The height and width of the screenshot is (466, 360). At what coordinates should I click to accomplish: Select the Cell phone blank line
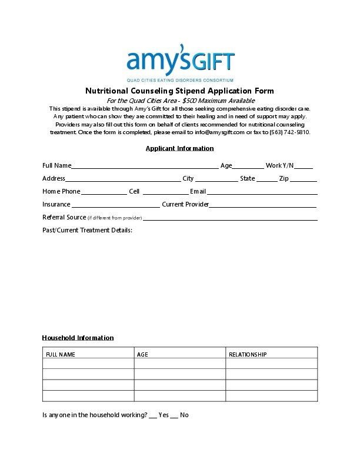165,193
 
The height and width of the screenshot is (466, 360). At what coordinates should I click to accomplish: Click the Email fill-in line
262,193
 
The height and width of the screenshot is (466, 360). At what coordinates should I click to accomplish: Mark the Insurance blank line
115,206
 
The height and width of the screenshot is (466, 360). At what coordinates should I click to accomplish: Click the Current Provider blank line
263,206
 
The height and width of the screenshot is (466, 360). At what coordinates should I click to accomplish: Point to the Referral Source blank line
231,219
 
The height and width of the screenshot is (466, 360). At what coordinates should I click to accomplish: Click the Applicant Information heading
180,148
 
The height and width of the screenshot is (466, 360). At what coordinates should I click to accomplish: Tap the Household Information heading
78,338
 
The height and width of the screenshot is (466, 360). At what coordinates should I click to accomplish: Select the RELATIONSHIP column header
248,355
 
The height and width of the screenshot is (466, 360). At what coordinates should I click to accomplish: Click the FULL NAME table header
61,355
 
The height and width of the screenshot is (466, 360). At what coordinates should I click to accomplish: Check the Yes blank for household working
153,416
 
